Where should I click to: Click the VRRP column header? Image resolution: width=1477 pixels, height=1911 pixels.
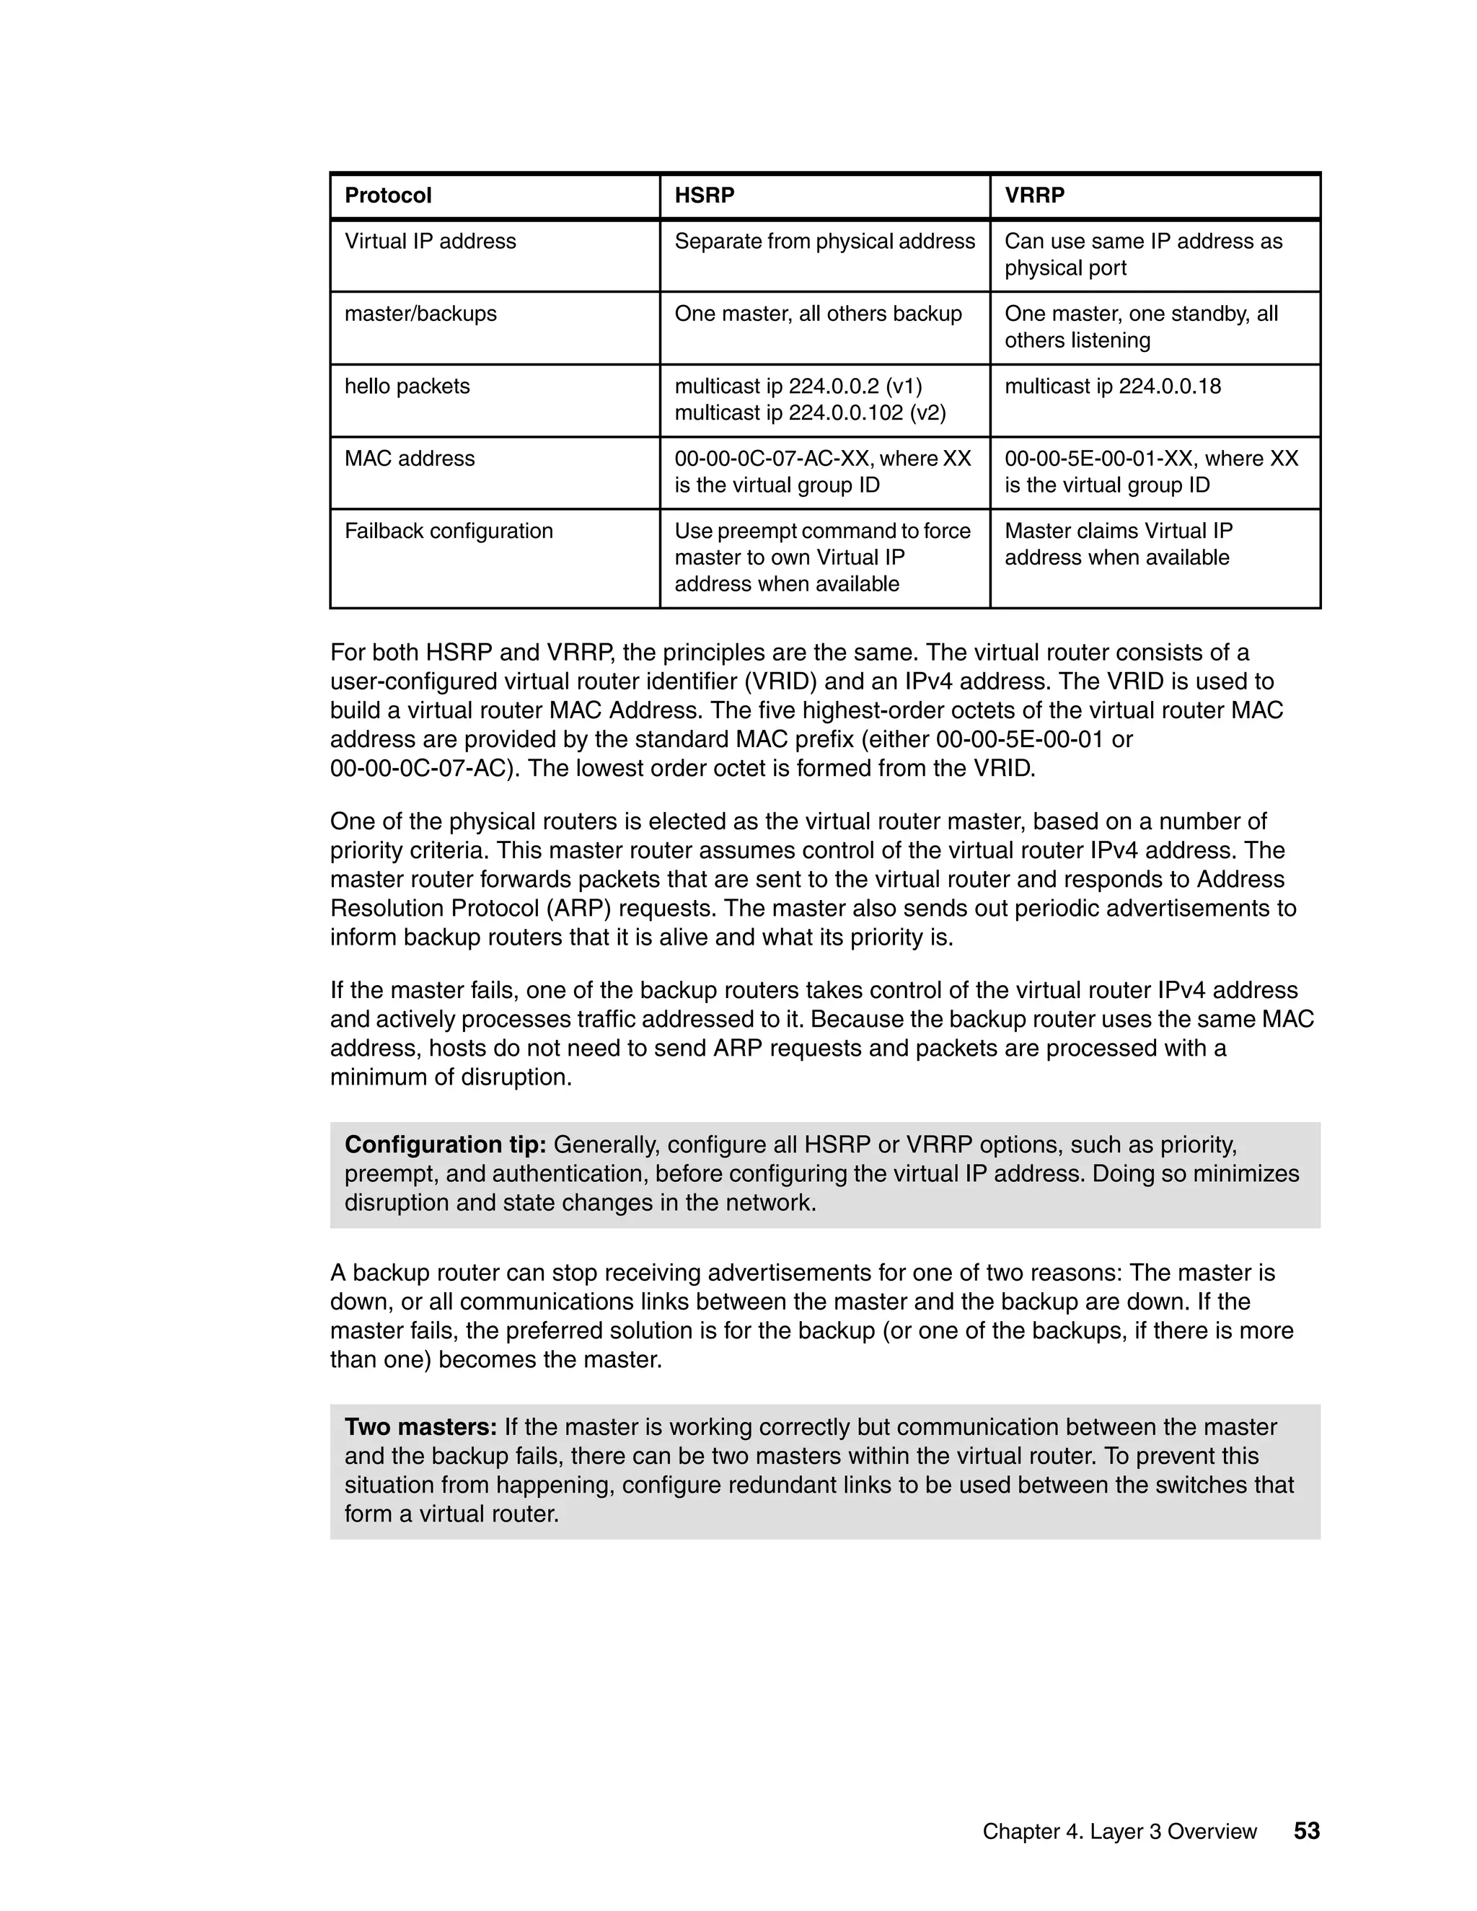tap(1033, 195)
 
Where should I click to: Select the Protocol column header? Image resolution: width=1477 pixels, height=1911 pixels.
tap(387, 195)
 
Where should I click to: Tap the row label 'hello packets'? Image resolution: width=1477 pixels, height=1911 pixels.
tap(407, 386)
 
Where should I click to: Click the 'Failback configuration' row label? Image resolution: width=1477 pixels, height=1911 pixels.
tap(448, 531)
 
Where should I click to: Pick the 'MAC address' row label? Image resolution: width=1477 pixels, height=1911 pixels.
tap(410, 459)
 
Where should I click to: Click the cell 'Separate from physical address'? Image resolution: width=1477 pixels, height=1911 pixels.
tap(824, 242)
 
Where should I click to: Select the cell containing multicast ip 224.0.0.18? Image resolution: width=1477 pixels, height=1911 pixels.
tap(1112, 386)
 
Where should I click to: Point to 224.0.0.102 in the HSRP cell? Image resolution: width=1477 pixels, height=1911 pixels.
tap(845, 413)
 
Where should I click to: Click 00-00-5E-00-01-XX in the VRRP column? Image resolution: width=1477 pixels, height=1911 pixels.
tap(1097, 459)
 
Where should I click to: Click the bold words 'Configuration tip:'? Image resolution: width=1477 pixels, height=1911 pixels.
tap(444, 1144)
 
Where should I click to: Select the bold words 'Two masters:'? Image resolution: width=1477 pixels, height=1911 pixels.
tap(420, 1427)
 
